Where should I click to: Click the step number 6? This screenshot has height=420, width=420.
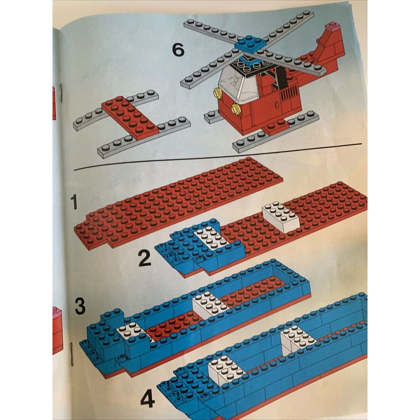178,50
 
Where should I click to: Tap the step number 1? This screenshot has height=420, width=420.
74,202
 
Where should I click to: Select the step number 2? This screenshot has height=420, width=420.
145,258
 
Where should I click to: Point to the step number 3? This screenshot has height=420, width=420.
80,307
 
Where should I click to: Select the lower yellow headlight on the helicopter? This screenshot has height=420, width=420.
236,109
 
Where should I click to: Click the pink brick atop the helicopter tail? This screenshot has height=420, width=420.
332,27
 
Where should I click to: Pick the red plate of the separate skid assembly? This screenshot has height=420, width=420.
130,117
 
